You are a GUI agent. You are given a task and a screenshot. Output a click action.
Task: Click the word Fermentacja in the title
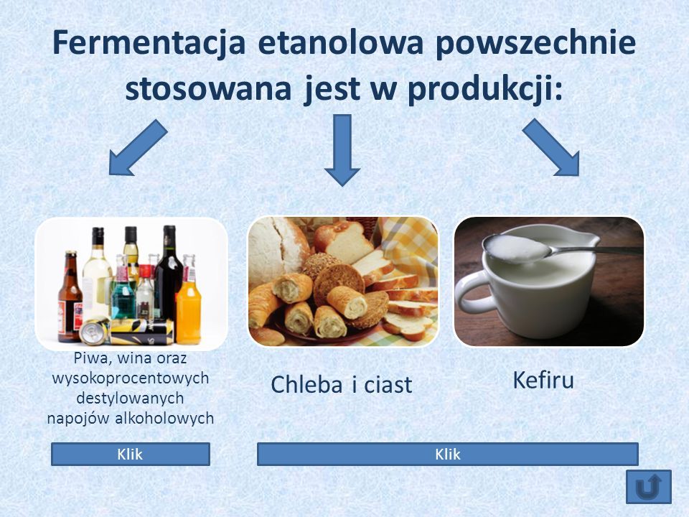tap(149, 42)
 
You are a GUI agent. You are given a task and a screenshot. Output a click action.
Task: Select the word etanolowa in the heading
tap(340, 42)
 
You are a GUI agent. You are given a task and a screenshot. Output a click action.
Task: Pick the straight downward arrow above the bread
tap(342, 150)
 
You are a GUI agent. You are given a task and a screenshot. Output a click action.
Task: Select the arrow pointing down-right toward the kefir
tap(551, 147)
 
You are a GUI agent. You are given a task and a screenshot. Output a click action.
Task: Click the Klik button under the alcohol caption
tap(131, 454)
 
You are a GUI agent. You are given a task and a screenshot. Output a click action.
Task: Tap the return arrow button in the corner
tap(649, 487)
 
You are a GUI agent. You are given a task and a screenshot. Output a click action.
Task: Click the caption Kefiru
tap(543, 381)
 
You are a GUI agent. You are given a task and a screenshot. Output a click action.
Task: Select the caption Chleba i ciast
tap(342, 385)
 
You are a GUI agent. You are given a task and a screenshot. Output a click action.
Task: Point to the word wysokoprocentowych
tap(131, 378)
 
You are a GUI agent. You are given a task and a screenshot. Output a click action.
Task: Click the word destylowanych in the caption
tap(130, 399)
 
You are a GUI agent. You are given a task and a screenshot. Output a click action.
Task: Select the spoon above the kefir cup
tap(558, 249)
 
